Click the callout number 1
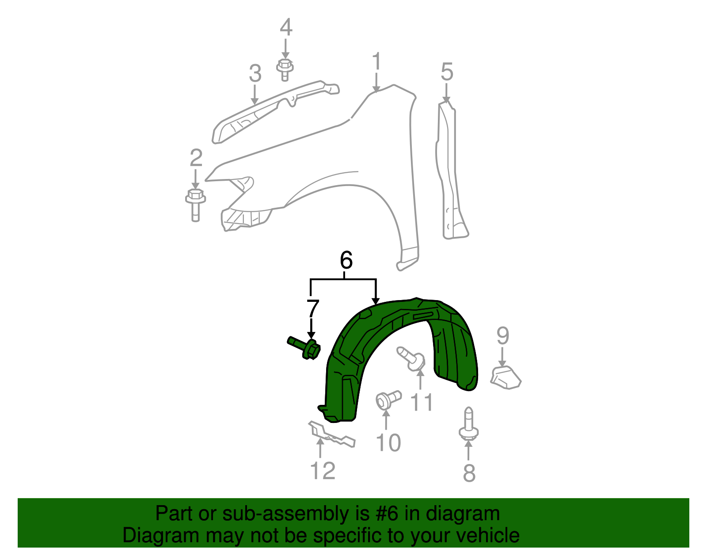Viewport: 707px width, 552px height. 376,62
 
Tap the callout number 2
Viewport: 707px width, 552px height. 196,158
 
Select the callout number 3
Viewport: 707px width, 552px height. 255,73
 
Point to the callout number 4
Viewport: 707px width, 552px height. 286,27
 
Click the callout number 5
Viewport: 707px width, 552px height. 447,72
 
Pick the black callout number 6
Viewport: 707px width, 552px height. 346,260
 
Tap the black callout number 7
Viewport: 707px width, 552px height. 312,308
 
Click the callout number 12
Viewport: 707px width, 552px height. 323,471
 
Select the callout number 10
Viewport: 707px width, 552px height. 388,442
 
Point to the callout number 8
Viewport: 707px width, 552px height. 469,473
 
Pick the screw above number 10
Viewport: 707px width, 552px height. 388,400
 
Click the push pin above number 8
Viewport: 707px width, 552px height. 469,424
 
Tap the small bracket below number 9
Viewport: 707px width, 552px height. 506,377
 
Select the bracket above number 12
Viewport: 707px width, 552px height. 331,435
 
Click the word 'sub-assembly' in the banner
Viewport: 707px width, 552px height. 287,514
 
